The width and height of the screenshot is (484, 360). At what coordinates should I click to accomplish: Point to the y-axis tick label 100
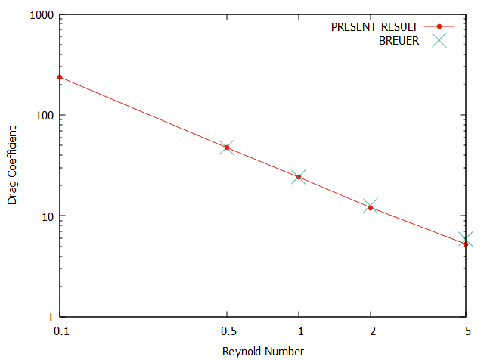[x=44, y=115]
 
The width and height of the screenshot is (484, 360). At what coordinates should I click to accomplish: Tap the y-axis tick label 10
[x=47, y=216]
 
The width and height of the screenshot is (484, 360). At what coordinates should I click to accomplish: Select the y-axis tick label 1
[x=50, y=316]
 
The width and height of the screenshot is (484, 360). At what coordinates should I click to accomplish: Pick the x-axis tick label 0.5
[x=227, y=331]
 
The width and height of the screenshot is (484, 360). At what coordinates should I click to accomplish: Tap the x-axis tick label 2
[x=371, y=331]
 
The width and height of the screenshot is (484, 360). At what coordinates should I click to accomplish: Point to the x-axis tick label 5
[x=467, y=331]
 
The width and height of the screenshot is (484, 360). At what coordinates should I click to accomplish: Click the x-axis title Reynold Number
[x=263, y=352]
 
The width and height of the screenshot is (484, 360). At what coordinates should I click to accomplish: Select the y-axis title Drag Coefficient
[x=13, y=166]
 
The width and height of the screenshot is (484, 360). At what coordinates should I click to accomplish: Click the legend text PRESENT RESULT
[x=374, y=27]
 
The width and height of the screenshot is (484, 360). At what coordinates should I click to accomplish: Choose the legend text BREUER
[x=399, y=41]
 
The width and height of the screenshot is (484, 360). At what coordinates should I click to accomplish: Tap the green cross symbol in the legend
[x=439, y=41]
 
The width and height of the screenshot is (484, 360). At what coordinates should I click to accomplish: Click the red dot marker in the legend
[x=439, y=27]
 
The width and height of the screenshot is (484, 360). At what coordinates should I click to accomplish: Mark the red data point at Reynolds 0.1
[x=60, y=77]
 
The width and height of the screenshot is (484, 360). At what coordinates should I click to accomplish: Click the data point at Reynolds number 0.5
[x=227, y=147]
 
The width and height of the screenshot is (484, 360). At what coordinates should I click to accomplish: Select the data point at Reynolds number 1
[x=299, y=177]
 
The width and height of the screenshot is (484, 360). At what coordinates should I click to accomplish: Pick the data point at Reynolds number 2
[x=371, y=207]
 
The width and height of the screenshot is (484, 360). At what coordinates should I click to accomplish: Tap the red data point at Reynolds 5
[x=466, y=244]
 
